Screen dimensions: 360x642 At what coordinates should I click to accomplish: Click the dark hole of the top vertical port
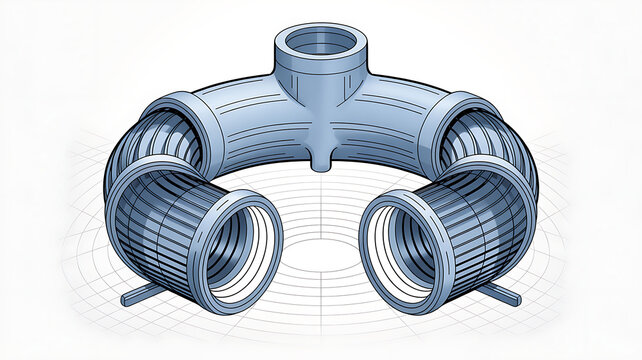click(319, 42)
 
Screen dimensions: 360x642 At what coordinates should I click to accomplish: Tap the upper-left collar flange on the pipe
click(185, 125)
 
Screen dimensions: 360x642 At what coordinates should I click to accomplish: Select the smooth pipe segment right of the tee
click(395, 120)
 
